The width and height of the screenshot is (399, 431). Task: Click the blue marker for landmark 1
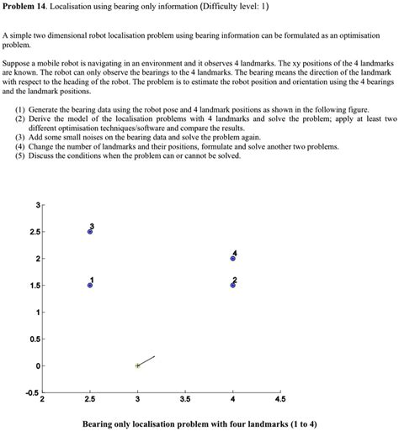click(x=90, y=286)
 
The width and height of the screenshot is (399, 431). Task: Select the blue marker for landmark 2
click(x=233, y=286)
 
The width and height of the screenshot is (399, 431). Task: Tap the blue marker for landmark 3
click(x=90, y=231)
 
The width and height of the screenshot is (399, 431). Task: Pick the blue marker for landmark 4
click(x=233, y=259)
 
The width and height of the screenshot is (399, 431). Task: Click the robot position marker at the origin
click(x=137, y=365)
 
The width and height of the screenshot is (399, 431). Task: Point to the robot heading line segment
click(x=146, y=360)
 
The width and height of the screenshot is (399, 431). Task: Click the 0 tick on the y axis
click(x=37, y=366)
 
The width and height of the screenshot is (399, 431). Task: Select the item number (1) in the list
click(x=19, y=110)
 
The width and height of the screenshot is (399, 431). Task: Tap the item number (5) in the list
click(x=19, y=156)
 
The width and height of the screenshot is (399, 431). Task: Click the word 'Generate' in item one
click(x=45, y=110)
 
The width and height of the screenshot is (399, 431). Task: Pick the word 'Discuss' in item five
click(x=43, y=156)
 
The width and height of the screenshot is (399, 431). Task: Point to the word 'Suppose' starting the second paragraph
click(x=19, y=64)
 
